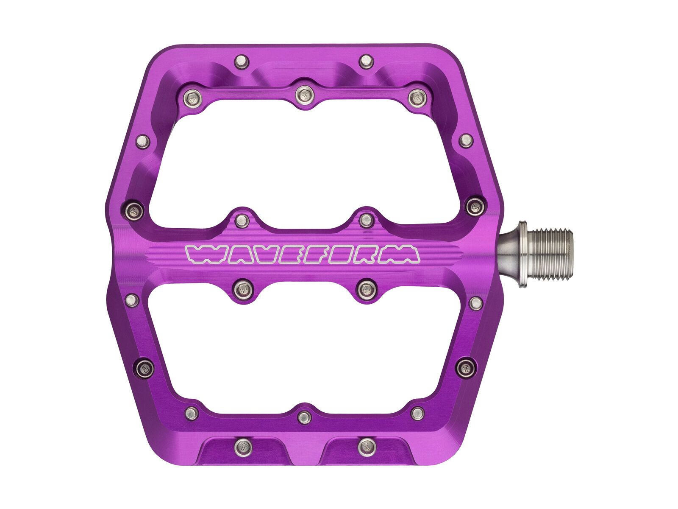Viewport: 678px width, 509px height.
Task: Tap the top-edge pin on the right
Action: pyautogui.click(x=365, y=61)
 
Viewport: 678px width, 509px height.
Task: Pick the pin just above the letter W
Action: pyautogui.click(x=242, y=219)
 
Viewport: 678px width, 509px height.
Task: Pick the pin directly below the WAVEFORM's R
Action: pyautogui.click(x=365, y=289)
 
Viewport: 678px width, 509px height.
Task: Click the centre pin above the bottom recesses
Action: pyautogui.click(x=303, y=417)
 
